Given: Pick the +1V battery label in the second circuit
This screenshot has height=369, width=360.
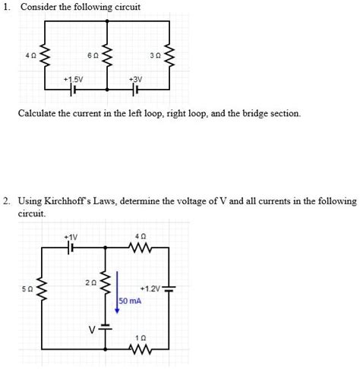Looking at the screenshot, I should pyautogui.click(x=72, y=236).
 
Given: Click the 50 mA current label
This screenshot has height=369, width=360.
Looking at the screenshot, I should pyautogui.click(x=131, y=301).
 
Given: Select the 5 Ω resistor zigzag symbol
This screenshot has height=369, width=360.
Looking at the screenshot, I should pyautogui.click(x=44, y=289).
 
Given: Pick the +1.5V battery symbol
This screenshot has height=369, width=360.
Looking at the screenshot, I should pyautogui.click(x=74, y=90).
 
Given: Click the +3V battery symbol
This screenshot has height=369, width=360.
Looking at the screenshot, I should pyautogui.click(x=136, y=90).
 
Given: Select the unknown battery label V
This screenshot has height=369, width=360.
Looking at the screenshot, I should pyautogui.click(x=90, y=330).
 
